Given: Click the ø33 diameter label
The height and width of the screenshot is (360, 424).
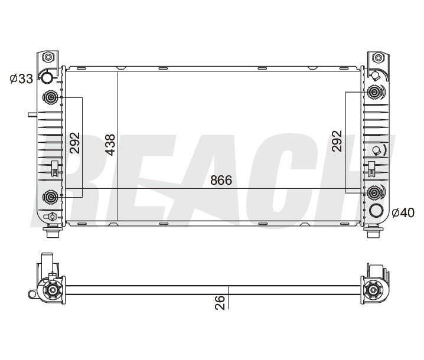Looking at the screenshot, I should pos(22,79).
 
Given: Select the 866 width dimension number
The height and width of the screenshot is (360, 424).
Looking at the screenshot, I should pos(220,180).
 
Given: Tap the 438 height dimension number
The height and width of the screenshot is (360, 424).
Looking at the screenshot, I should pos(110,144).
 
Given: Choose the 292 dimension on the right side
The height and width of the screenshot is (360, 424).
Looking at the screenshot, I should pos(337,142).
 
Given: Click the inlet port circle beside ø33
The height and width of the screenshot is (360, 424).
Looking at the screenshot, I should pos(47,79).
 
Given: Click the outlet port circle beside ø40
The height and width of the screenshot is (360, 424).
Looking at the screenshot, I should pos(375,211).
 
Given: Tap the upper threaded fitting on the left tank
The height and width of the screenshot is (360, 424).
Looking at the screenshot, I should pos(50,98).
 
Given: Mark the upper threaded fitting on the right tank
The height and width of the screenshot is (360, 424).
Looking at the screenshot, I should pos(374,93).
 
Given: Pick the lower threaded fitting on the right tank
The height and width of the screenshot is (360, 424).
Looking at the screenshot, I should pos(374,192).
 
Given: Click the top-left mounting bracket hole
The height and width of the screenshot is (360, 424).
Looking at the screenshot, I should pos(48,58).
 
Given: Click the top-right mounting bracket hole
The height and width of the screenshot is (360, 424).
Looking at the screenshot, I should pos(375,58).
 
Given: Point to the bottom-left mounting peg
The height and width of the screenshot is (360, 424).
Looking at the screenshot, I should pos(51,231).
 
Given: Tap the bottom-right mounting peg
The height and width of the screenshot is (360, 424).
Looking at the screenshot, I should pos(373,231).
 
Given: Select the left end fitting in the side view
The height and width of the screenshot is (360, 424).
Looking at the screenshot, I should pos(51,290).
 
